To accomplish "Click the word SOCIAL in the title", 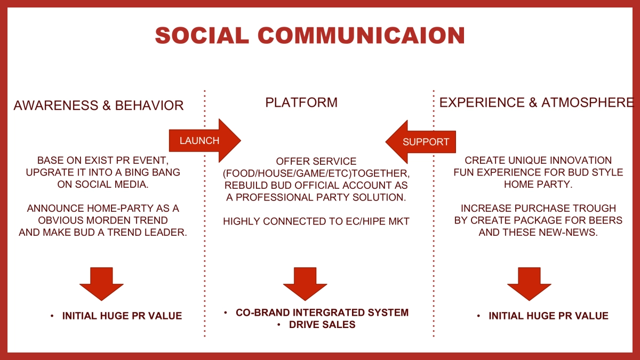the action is click(x=202, y=35).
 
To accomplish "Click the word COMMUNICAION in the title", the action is click(x=362, y=35).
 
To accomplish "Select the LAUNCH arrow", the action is click(x=205, y=141).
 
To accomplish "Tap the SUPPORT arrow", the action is click(x=421, y=142).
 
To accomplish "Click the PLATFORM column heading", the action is click(x=301, y=102).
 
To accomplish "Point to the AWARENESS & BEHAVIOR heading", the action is click(x=99, y=106).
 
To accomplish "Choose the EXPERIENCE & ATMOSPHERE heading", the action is click(x=537, y=102).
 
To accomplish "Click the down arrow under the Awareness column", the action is click(x=101, y=284).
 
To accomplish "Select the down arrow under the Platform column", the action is click(x=305, y=284).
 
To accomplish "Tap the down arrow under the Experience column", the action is click(x=529, y=284).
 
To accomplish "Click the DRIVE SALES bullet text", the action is click(x=322, y=325).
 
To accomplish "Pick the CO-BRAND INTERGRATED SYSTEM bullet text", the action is click(x=322, y=313).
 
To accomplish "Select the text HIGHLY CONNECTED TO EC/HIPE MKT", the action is click(x=316, y=221).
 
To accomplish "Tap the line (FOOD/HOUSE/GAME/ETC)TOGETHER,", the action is click(x=316, y=173).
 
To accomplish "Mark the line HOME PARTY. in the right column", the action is click(x=538, y=185).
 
